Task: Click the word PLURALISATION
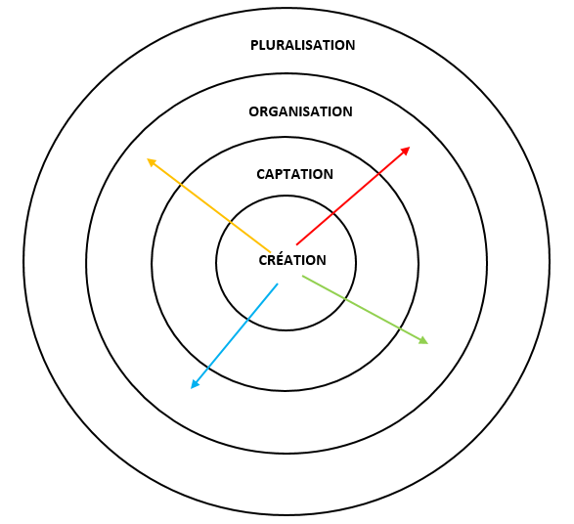[x=303, y=45]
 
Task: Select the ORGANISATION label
[x=300, y=111]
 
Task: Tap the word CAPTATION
[x=294, y=174]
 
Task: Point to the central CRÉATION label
[x=292, y=260]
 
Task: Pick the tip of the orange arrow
[x=147, y=158]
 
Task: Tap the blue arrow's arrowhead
[x=192, y=388]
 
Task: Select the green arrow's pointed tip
[x=428, y=343]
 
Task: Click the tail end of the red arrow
[x=297, y=244]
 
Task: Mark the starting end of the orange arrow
[x=271, y=252]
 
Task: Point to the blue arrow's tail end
[x=278, y=284]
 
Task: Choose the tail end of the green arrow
[x=302, y=277]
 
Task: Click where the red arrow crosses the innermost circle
[x=332, y=212]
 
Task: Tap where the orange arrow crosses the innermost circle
[x=230, y=222]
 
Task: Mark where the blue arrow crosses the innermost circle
[x=247, y=320]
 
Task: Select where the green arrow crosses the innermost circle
[x=345, y=299]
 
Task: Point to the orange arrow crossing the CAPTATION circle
[x=181, y=185]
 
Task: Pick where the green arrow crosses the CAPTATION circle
[x=400, y=327]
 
